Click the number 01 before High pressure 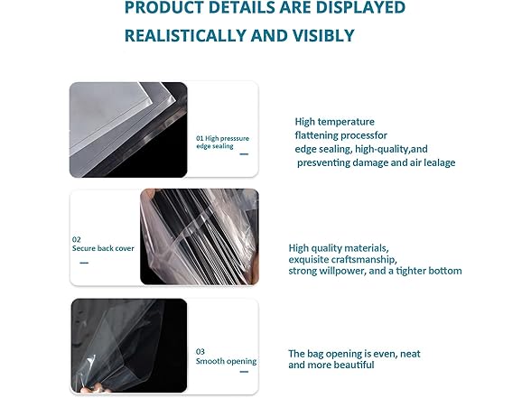click(200, 138)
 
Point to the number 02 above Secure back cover click(76, 240)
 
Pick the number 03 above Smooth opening click(200, 352)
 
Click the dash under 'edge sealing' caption click(244, 154)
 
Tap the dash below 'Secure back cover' click(84, 263)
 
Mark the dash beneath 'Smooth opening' click(244, 372)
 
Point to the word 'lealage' click(440, 162)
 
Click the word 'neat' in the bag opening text click(410, 354)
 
